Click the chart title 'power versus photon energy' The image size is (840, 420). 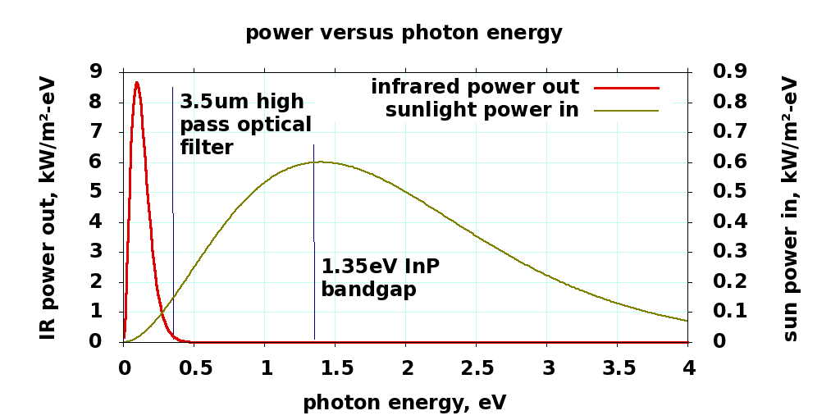pyautogui.click(x=404, y=34)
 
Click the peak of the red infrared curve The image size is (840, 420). pyautogui.click(x=137, y=82)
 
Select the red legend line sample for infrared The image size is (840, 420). pyautogui.click(x=627, y=87)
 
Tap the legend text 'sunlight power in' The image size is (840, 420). pyautogui.click(x=482, y=110)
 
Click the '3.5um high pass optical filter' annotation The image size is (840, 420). pyautogui.click(x=245, y=125)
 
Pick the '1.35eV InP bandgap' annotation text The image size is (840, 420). pyautogui.click(x=380, y=278)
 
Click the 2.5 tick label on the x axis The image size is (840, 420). pyautogui.click(x=477, y=368)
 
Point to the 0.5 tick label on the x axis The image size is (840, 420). pyautogui.click(x=194, y=368)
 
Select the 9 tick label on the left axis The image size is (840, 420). pyautogui.click(x=96, y=72)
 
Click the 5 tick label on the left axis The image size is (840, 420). pyautogui.click(x=96, y=192)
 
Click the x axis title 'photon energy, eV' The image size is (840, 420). pyautogui.click(x=404, y=403)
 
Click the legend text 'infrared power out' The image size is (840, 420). pyautogui.click(x=475, y=87)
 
